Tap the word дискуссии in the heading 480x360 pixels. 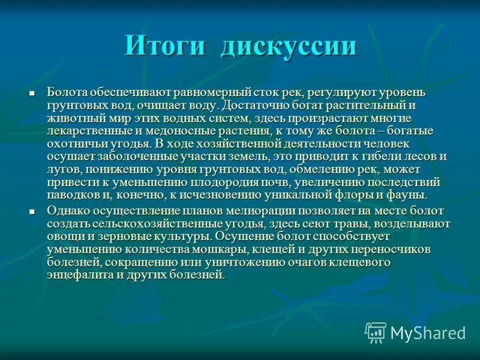coord(289,46)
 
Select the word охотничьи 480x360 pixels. coord(75,144)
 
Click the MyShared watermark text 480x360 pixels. coord(428,333)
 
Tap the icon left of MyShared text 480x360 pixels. coord(376,332)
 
